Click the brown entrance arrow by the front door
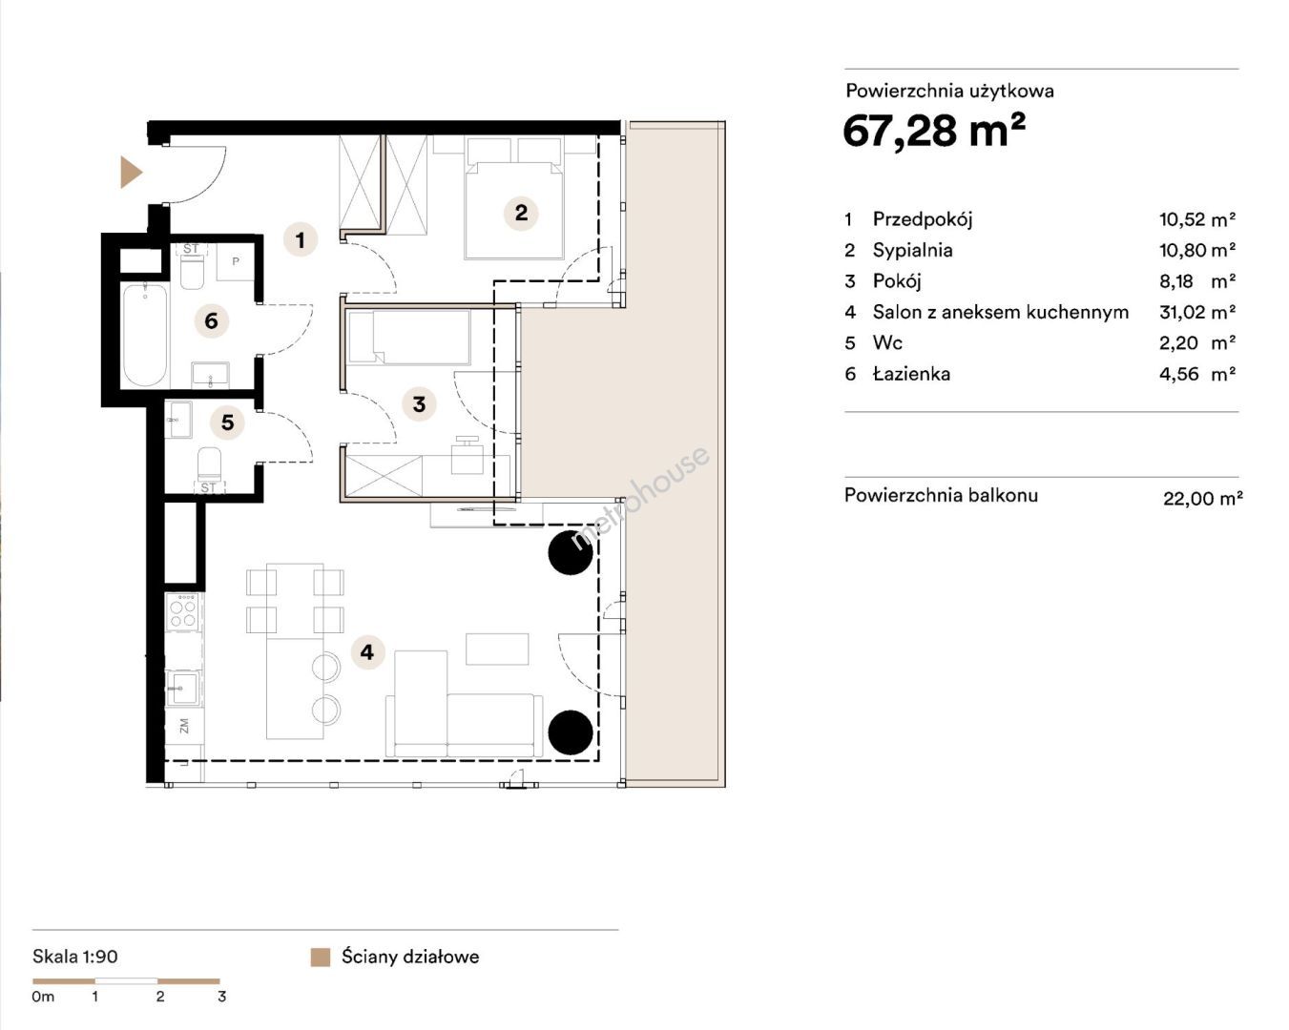(130, 173)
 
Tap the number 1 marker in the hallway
(301, 240)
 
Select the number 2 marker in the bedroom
(521, 213)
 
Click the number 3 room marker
(419, 404)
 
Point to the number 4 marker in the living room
(367, 651)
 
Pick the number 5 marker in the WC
(228, 422)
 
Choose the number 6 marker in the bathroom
(212, 321)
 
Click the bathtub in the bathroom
(146, 336)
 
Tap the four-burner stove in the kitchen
(183, 610)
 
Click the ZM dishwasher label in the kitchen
(184, 726)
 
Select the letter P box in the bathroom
(236, 261)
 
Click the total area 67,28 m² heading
(934, 131)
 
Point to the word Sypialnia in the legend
(912, 250)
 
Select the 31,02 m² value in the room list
(1197, 312)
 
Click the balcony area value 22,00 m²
(1203, 498)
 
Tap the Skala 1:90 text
(75, 957)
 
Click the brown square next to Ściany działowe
(321, 957)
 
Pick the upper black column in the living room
(571, 553)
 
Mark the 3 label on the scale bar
(222, 997)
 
